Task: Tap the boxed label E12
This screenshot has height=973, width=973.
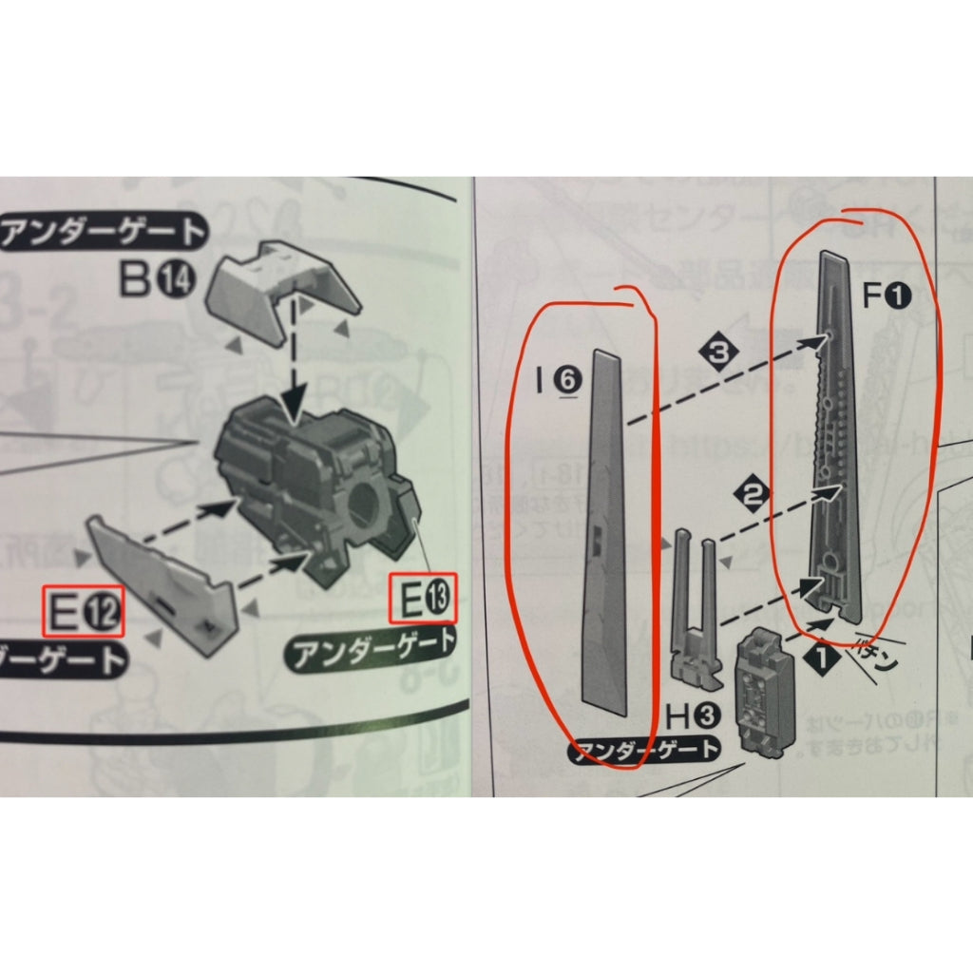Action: pyautogui.click(x=84, y=614)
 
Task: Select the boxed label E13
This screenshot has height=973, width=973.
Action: pyautogui.click(x=423, y=600)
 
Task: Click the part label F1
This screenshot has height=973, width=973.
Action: pyautogui.click(x=886, y=298)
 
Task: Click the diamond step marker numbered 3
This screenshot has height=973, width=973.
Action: pyautogui.click(x=724, y=352)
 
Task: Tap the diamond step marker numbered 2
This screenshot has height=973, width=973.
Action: pyautogui.click(x=754, y=492)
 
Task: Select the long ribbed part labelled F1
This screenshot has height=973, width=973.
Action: pyautogui.click(x=836, y=437)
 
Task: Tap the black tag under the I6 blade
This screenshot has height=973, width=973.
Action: pyautogui.click(x=644, y=750)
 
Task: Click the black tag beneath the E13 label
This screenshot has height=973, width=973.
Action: pyautogui.click(x=372, y=654)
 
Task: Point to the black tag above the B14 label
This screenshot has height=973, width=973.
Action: pyautogui.click(x=104, y=230)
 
